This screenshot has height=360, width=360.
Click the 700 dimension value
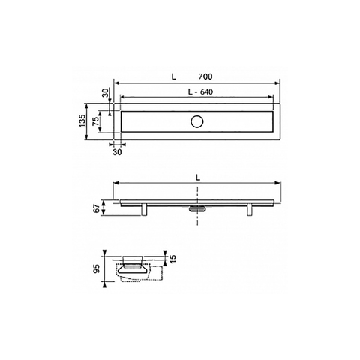[x=205, y=76]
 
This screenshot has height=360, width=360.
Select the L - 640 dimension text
[x=200, y=92]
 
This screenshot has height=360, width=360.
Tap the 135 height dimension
[x=82, y=121]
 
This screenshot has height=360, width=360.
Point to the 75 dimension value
[x=95, y=121]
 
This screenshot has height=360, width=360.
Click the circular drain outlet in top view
[x=197, y=121]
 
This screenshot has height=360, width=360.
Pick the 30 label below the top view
[x=117, y=152]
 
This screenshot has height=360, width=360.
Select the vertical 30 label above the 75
[x=106, y=93]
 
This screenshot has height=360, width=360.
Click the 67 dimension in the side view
[x=97, y=208]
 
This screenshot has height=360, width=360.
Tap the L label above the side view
[x=198, y=178]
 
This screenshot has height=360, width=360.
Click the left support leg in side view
[x=144, y=210]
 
